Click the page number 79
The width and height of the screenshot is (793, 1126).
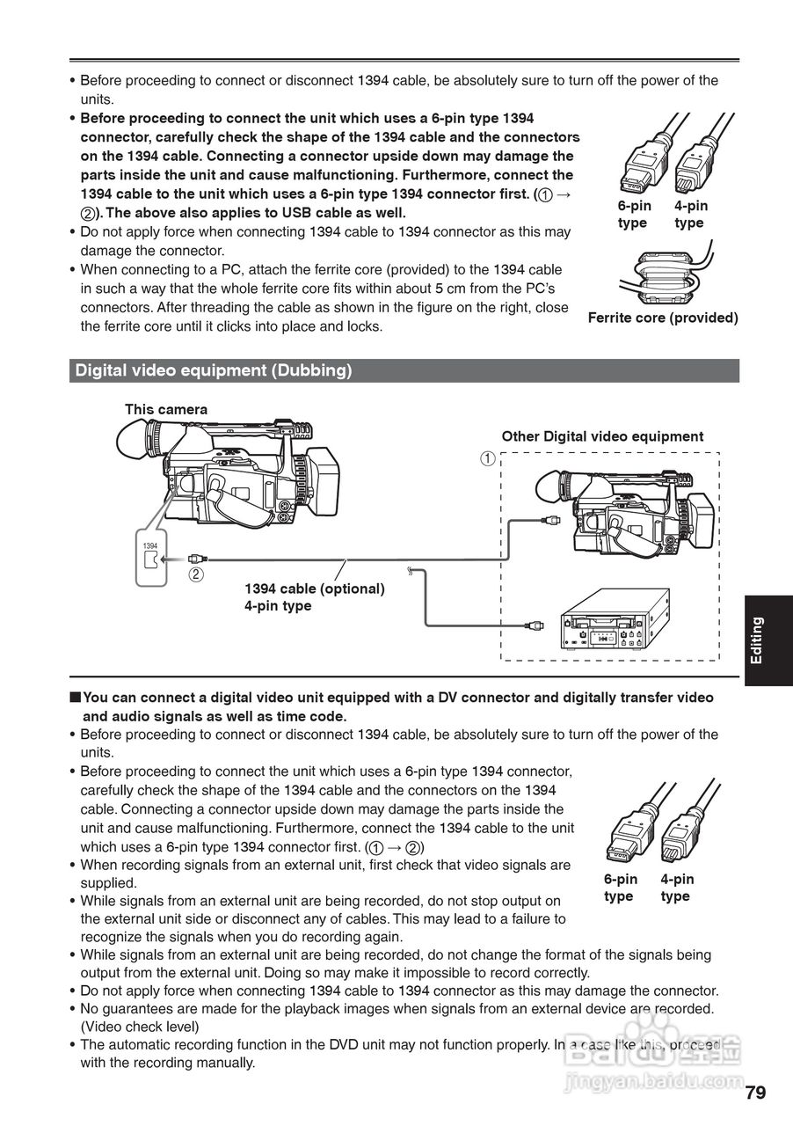tap(755, 1093)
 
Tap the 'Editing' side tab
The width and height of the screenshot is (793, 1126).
tap(757, 640)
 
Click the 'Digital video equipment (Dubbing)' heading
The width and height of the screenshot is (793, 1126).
tap(214, 371)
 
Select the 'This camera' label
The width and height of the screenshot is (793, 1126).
tap(166, 409)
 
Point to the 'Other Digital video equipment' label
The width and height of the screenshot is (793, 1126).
tap(602, 436)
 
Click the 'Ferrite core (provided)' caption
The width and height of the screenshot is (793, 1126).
tap(663, 318)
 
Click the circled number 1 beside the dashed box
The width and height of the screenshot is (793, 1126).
tap(486, 458)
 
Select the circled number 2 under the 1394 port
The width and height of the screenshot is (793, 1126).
tap(196, 575)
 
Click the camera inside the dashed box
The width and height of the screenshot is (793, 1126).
tap(623, 514)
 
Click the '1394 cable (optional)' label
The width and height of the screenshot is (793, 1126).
tap(314, 589)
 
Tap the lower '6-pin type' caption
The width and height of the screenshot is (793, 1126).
tap(620, 888)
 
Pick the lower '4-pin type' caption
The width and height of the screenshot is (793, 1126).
tap(676, 888)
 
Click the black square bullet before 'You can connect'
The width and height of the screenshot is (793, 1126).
tap(75, 698)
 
